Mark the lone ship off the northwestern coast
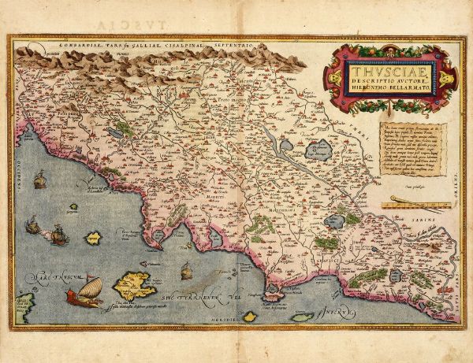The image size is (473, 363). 38,183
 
